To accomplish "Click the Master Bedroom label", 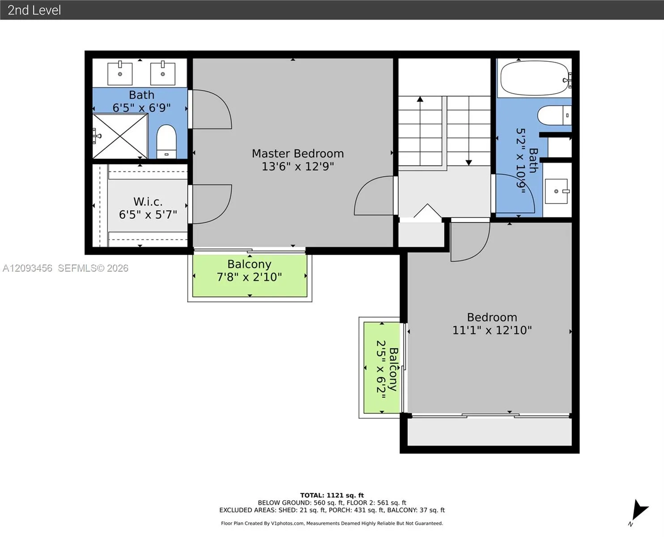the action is point(298,153).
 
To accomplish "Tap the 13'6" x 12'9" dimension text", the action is point(298,166).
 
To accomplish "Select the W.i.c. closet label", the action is point(148,202).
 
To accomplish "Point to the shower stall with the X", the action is point(120,136).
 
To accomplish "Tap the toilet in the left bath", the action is point(166,142).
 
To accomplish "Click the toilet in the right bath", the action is point(554,115).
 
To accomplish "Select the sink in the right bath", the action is point(556,191).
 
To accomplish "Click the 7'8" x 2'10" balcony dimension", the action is point(249,277).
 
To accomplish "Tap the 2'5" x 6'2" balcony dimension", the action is point(381,369).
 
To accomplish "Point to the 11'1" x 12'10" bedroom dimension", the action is point(492,330).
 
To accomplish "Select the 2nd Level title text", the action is point(34,10).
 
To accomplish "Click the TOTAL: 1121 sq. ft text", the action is point(332,495).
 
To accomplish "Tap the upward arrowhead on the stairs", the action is point(420,99).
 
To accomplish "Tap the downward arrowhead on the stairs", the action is point(468,163).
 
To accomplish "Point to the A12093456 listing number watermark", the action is point(27,268).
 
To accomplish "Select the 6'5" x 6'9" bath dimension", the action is point(141,108).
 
